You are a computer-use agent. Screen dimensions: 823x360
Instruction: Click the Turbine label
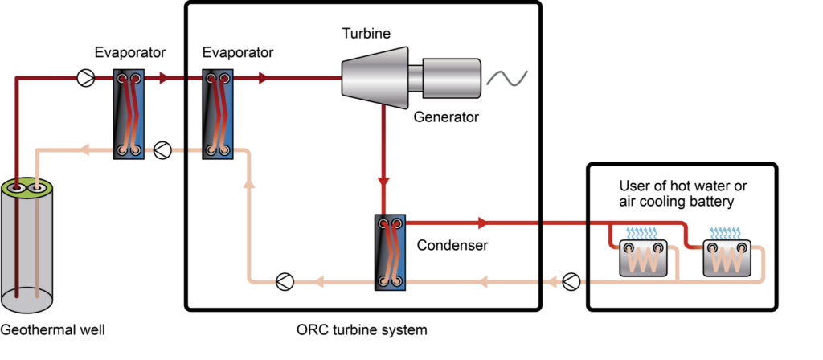(366, 34)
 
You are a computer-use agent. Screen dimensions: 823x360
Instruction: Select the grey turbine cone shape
(375, 78)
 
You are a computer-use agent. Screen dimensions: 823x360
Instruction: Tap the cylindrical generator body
(452, 78)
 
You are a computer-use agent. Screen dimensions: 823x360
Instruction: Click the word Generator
(446, 117)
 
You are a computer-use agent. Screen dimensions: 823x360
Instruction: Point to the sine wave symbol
(507, 78)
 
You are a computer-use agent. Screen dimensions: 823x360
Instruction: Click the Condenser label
(452, 245)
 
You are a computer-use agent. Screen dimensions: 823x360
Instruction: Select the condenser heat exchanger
(390, 252)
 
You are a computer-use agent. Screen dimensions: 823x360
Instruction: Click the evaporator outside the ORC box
(129, 114)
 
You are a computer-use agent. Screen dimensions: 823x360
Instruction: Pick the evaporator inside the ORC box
(218, 114)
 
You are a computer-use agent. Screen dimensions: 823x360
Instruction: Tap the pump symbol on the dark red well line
(85, 78)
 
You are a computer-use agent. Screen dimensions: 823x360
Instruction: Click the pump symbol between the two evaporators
(162, 150)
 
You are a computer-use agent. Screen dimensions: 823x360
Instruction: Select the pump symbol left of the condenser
(285, 282)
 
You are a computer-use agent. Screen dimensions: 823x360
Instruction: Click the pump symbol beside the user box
(571, 282)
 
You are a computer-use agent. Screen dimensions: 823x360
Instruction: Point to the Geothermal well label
(52, 330)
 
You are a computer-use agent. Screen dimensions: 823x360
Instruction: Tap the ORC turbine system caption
(362, 330)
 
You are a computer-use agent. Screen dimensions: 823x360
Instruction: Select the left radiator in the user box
(643, 258)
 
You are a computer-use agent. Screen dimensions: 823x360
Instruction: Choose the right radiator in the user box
(727, 258)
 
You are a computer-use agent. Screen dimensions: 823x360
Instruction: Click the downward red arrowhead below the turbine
(383, 182)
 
